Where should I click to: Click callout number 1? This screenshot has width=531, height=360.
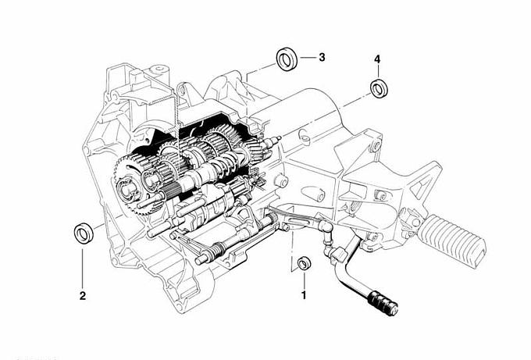click(x=304, y=295)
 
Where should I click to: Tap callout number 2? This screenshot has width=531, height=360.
click(x=82, y=296)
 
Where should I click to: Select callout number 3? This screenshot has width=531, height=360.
click(x=322, y=57)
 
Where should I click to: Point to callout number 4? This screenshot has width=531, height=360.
click(x=377, y=59)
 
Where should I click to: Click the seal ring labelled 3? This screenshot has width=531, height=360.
click(x=287, y=59)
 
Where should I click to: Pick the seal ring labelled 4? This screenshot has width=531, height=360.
click(x=380, y=88)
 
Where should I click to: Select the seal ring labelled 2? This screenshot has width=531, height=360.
click(x=84, y=233)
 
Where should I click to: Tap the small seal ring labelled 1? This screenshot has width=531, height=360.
click(x=304, y=263)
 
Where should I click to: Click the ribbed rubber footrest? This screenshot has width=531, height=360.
click(x=452, y=241)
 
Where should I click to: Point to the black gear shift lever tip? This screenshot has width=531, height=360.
click(x=383, y=303)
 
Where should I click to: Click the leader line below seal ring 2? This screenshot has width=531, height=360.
click(x=82, y=269)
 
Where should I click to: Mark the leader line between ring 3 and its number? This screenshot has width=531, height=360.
click(x=308, y=58)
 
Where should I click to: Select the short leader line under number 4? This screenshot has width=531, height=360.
click(x=378, y=71)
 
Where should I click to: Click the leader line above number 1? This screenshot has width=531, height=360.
click(x=304, y=280)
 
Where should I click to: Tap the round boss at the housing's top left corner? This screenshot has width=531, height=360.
click(x=159, y=70)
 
